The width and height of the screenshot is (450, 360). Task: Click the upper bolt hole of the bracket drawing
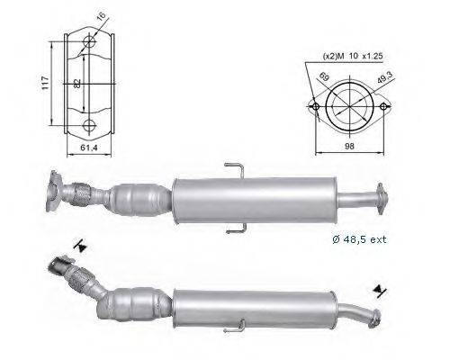point(88,43)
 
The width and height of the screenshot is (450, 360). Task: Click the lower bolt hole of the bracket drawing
point(88,125)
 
